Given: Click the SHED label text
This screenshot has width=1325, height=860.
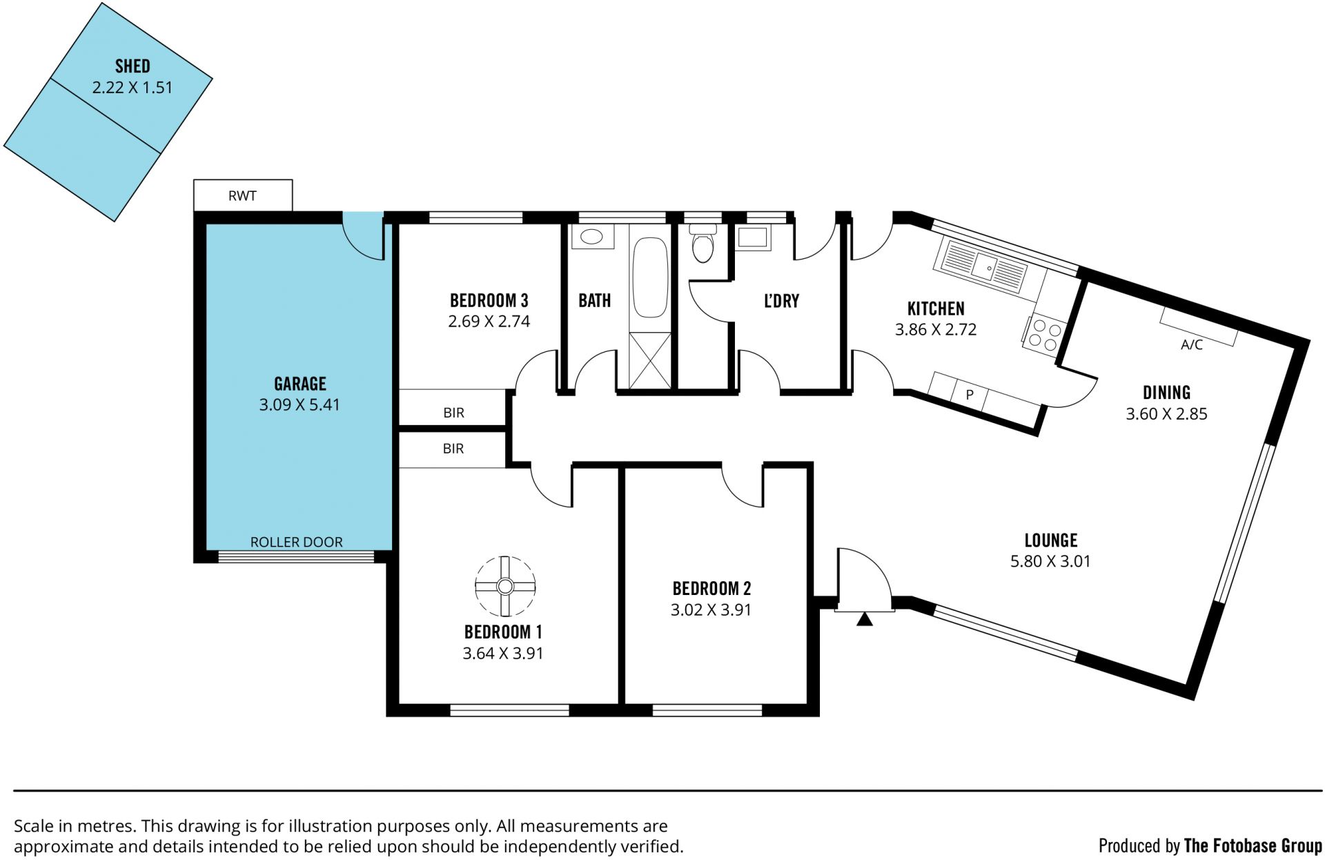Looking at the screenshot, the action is tap(132, 66).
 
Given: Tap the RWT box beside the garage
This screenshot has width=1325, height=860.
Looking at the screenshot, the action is tap(243, 195).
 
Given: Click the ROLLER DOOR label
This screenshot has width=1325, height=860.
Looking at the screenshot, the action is tap(296, 542).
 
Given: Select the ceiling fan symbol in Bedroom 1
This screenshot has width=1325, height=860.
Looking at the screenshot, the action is tap(505, 586).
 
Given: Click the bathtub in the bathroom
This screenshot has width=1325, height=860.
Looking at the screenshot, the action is tap(650, 277).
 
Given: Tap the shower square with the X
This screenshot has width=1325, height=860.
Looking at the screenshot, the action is tap(650, 361).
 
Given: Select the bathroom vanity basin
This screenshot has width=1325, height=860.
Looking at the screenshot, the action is tap(592, 237).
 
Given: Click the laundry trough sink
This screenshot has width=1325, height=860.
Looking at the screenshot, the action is tap(752, 237).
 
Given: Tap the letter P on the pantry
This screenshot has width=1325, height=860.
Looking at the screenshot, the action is tap(970, 395).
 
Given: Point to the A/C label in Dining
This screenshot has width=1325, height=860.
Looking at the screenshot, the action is tap(1192, 345).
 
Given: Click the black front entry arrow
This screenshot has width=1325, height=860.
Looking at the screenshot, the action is tap(864, 619).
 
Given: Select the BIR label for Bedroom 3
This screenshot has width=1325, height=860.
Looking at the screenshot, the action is tap(453, 413).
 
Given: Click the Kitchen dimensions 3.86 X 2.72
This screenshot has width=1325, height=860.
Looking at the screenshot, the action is tap(936, 330).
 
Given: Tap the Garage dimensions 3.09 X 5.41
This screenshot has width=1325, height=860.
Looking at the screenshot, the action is tap(300, 404).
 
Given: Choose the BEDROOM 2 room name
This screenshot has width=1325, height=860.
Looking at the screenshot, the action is tap(711, 588).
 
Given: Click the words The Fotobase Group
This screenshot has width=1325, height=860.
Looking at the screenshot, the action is tap(1253, 846).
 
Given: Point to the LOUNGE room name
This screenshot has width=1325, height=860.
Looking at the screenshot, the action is tap(1050, 540).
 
